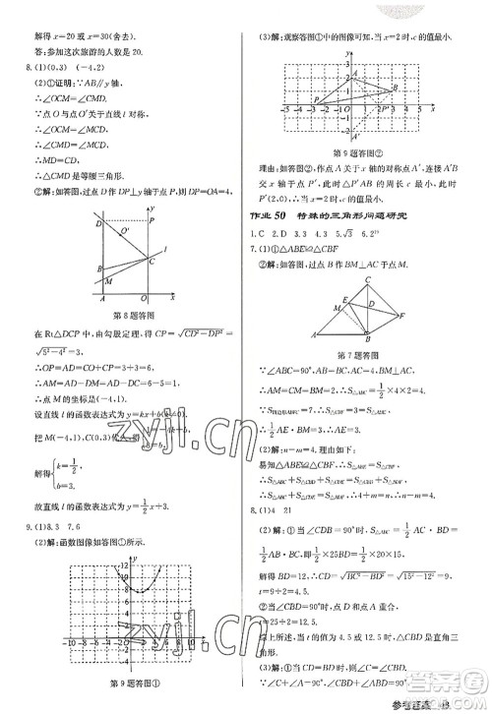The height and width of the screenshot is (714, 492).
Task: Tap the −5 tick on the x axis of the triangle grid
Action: click(284, 106)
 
